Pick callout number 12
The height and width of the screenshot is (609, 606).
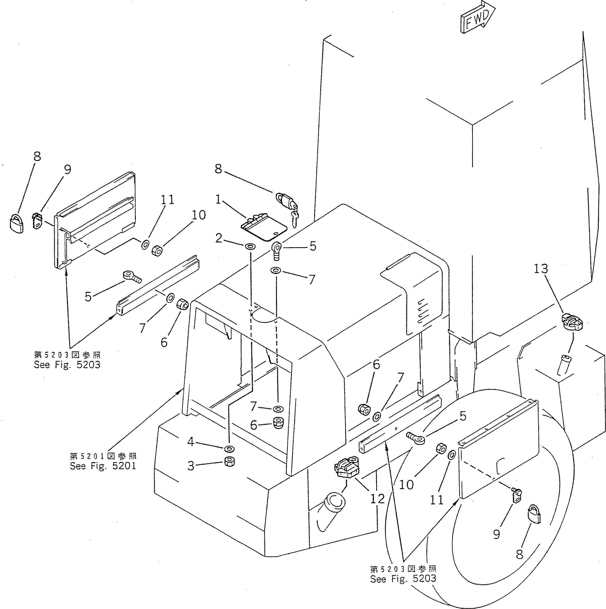click(377, 498)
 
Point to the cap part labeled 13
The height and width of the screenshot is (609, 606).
click(572, 323)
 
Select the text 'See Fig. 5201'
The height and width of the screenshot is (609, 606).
click(103, 466)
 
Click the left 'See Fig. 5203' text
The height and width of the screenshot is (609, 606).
click(67, 365)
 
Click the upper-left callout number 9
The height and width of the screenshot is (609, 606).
click(67, 169)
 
